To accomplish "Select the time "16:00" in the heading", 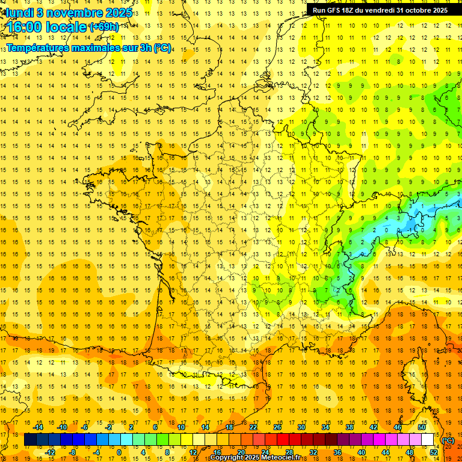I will [25, 28].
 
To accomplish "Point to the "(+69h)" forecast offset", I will [104, 27].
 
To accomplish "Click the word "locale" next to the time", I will [67, 28].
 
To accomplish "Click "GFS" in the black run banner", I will [336, 10].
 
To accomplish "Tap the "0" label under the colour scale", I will [119, 452].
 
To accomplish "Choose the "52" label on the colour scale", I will [434, 452].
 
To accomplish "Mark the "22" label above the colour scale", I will [253, 427].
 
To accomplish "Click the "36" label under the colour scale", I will [337, 452].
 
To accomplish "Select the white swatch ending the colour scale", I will [428, 440].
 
